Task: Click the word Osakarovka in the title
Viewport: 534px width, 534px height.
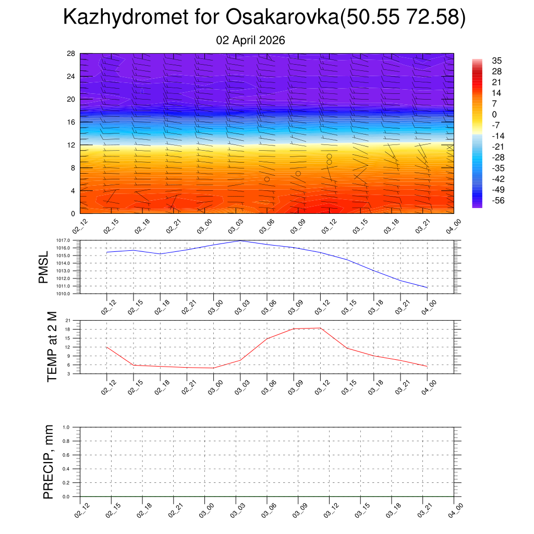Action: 282,18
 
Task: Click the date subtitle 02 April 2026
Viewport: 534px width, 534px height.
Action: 250,40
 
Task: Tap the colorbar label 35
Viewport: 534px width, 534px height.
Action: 497,61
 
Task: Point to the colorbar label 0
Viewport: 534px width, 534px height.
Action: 494,115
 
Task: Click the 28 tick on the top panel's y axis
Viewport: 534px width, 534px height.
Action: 71,54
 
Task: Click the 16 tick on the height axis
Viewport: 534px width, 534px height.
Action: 71,122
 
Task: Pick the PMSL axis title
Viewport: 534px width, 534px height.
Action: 44,267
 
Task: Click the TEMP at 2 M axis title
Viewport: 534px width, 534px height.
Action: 52,347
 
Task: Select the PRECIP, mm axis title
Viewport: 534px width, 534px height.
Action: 48,462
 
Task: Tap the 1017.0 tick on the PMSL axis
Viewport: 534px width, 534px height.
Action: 64,240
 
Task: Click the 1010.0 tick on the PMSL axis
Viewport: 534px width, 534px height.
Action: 64,294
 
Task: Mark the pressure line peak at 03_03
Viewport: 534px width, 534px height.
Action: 240,240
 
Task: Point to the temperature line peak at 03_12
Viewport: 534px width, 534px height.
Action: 320,328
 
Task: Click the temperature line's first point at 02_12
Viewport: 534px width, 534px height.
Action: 106,347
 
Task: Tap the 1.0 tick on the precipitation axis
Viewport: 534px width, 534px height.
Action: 73,427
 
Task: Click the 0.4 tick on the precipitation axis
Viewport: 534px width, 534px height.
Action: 73,469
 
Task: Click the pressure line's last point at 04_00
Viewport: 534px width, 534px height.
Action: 427,287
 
